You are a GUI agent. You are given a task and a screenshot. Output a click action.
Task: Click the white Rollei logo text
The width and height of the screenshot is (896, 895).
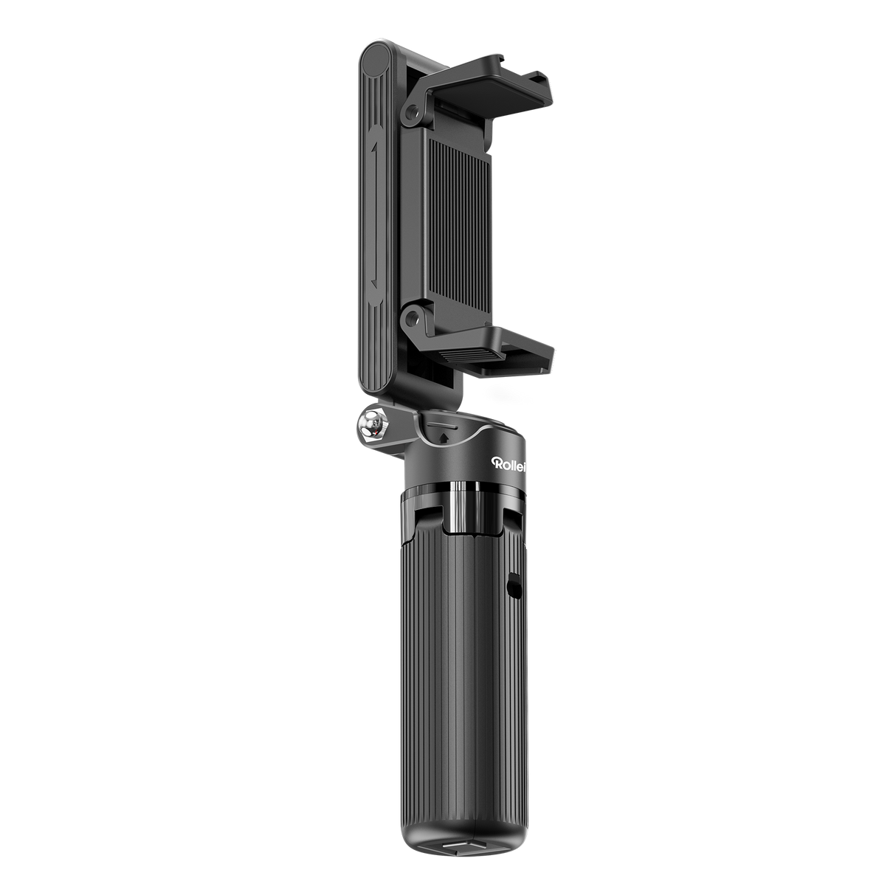(x=509, y=463)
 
